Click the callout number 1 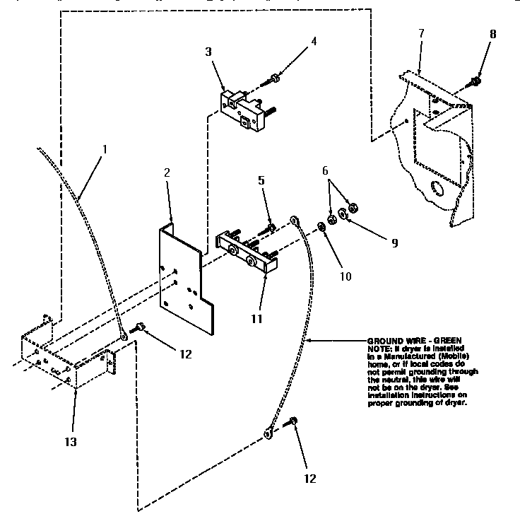pyautogui.click(x=105, y=150)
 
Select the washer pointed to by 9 pyautogui.click(x=344, y=214)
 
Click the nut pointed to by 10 pyautogui.click(x=321, y=226)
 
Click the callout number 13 pyautogui.click(x=71, y=443)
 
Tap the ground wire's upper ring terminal pyautogui.click(x=295, y=221)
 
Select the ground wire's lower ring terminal pyautogui.click(x=269, y=433)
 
